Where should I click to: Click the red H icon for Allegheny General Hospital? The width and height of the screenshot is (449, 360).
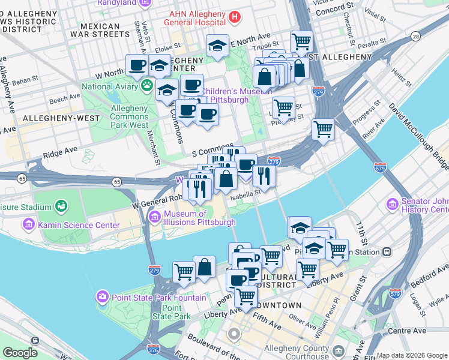click(x=235, y=19)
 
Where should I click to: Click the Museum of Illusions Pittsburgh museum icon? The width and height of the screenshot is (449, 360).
click(x=155, y=215)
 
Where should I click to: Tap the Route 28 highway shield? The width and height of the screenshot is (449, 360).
click(x=415, y=37)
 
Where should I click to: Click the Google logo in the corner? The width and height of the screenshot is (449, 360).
click(x=20, y=353)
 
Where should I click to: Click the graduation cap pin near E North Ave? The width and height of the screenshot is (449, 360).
click(x=217, y=46)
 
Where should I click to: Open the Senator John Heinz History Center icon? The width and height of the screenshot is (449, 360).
click(x=393, y=205)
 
